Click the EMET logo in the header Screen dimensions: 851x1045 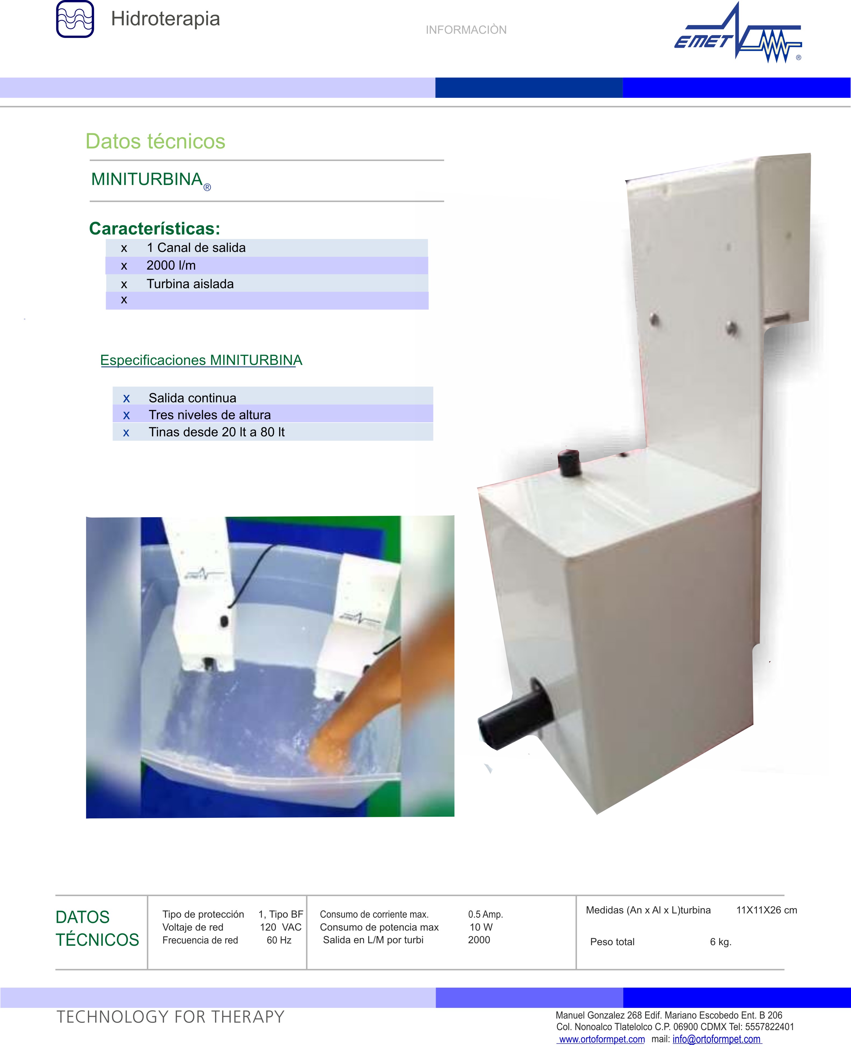(738, 33)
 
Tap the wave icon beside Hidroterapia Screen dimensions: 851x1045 (75, 19)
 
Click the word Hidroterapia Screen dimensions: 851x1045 (165, 19)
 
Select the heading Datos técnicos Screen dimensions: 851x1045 (155, 141)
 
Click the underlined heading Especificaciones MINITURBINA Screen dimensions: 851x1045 (202, 360)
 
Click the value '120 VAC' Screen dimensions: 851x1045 (280, 927)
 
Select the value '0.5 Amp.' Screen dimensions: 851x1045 (485, 914)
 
